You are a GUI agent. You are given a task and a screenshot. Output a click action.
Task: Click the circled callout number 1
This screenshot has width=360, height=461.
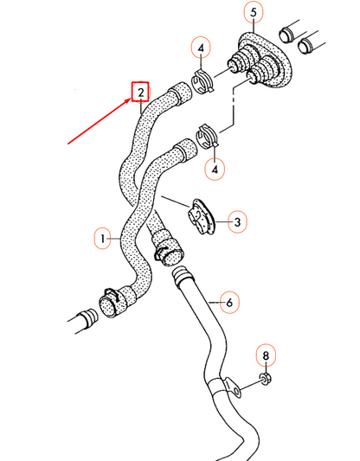click(101, 236)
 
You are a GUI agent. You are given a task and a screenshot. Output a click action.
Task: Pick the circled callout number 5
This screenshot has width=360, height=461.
click(254, 13)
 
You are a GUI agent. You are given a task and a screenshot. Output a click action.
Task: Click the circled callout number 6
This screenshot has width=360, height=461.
click(229, 303)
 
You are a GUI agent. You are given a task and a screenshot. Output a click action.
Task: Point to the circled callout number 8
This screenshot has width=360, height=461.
click(267, 355)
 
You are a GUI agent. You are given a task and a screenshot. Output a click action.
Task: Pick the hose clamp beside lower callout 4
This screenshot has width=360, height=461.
click(209, 136)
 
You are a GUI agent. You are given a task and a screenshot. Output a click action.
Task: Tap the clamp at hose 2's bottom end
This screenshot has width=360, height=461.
click(167, 255)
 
